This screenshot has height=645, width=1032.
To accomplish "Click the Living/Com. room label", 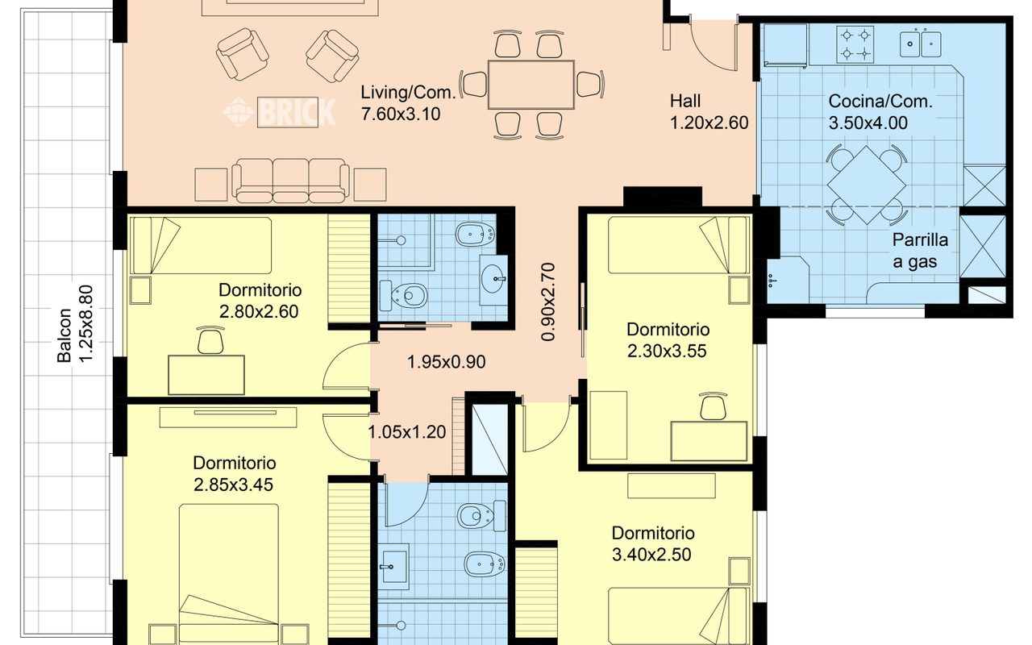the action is (x=408, y=93).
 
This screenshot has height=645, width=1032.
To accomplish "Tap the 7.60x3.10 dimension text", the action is (x=401, y=114).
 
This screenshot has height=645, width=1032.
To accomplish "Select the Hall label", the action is (x=685, y=101).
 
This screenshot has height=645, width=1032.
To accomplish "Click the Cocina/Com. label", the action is (x=880, y=102).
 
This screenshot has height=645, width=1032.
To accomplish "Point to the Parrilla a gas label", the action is (x=920, y=251).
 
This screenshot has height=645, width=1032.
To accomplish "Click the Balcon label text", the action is (x=64, y=335).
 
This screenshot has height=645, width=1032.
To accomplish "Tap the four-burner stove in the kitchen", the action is (x=855, y=44).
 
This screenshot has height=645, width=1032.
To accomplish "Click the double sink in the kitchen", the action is (x=920, y=44).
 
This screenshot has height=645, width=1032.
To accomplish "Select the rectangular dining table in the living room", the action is (x=531, y=85).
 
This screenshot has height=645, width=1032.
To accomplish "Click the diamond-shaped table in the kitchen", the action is (x=867, y=185).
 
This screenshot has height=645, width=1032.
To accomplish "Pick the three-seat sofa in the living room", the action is (x=290, y=181).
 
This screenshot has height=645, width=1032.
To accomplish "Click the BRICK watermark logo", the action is (x=280, y=111).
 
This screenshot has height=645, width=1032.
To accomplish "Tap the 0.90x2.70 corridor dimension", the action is (x=548, y=302).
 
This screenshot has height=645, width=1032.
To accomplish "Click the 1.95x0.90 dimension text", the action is (x=446, y=362).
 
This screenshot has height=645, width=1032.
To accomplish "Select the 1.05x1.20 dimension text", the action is (x=407, y=432).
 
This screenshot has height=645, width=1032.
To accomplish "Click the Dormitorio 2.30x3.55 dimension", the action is (x=667, y=351).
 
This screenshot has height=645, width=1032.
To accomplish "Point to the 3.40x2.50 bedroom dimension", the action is (x=651, y=555).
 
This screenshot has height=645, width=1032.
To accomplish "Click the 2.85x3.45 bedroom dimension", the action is (x=233, y=485).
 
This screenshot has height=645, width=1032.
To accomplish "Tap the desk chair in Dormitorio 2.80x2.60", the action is (x=210, y=340).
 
